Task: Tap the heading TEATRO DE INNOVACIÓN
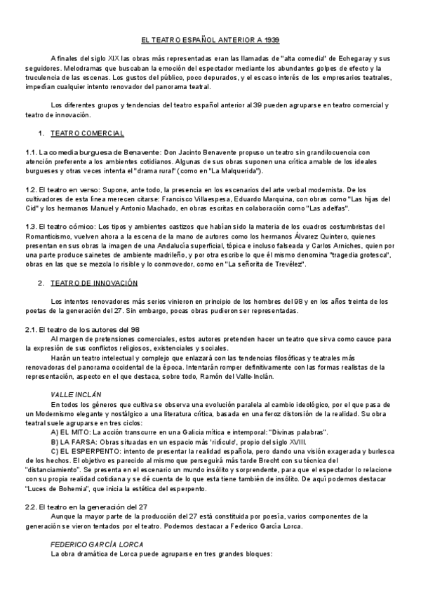coord(94,283)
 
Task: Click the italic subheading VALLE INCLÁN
coord(76,395)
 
